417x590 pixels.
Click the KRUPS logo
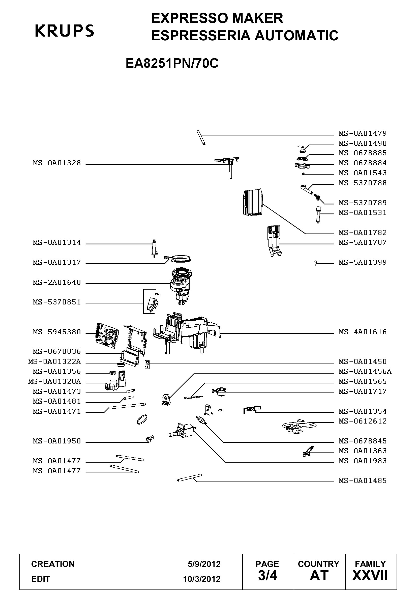pyautogui.click(x=65, y=31)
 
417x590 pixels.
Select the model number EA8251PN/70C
pyautogui.click(x=172, y=63)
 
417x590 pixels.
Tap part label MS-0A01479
pyautogui.click(x=363, y=133)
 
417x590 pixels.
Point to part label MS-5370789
pyautogui.click(x=363, y=203)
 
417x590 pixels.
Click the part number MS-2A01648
pyautogui.click(x=57, y=283)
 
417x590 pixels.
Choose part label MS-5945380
pyautogui.click(x=57, y=332)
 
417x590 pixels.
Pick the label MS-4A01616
pyautogui.click(x=363, y=332)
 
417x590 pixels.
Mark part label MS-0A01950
pyautogui.click(x=57, y=441)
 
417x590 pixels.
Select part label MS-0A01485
pyautogui.click(x=363, y=481)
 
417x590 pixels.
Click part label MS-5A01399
pyautogui.click(x=363, y=263)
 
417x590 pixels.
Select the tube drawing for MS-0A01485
pyautogui.click(x=190, y=478)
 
